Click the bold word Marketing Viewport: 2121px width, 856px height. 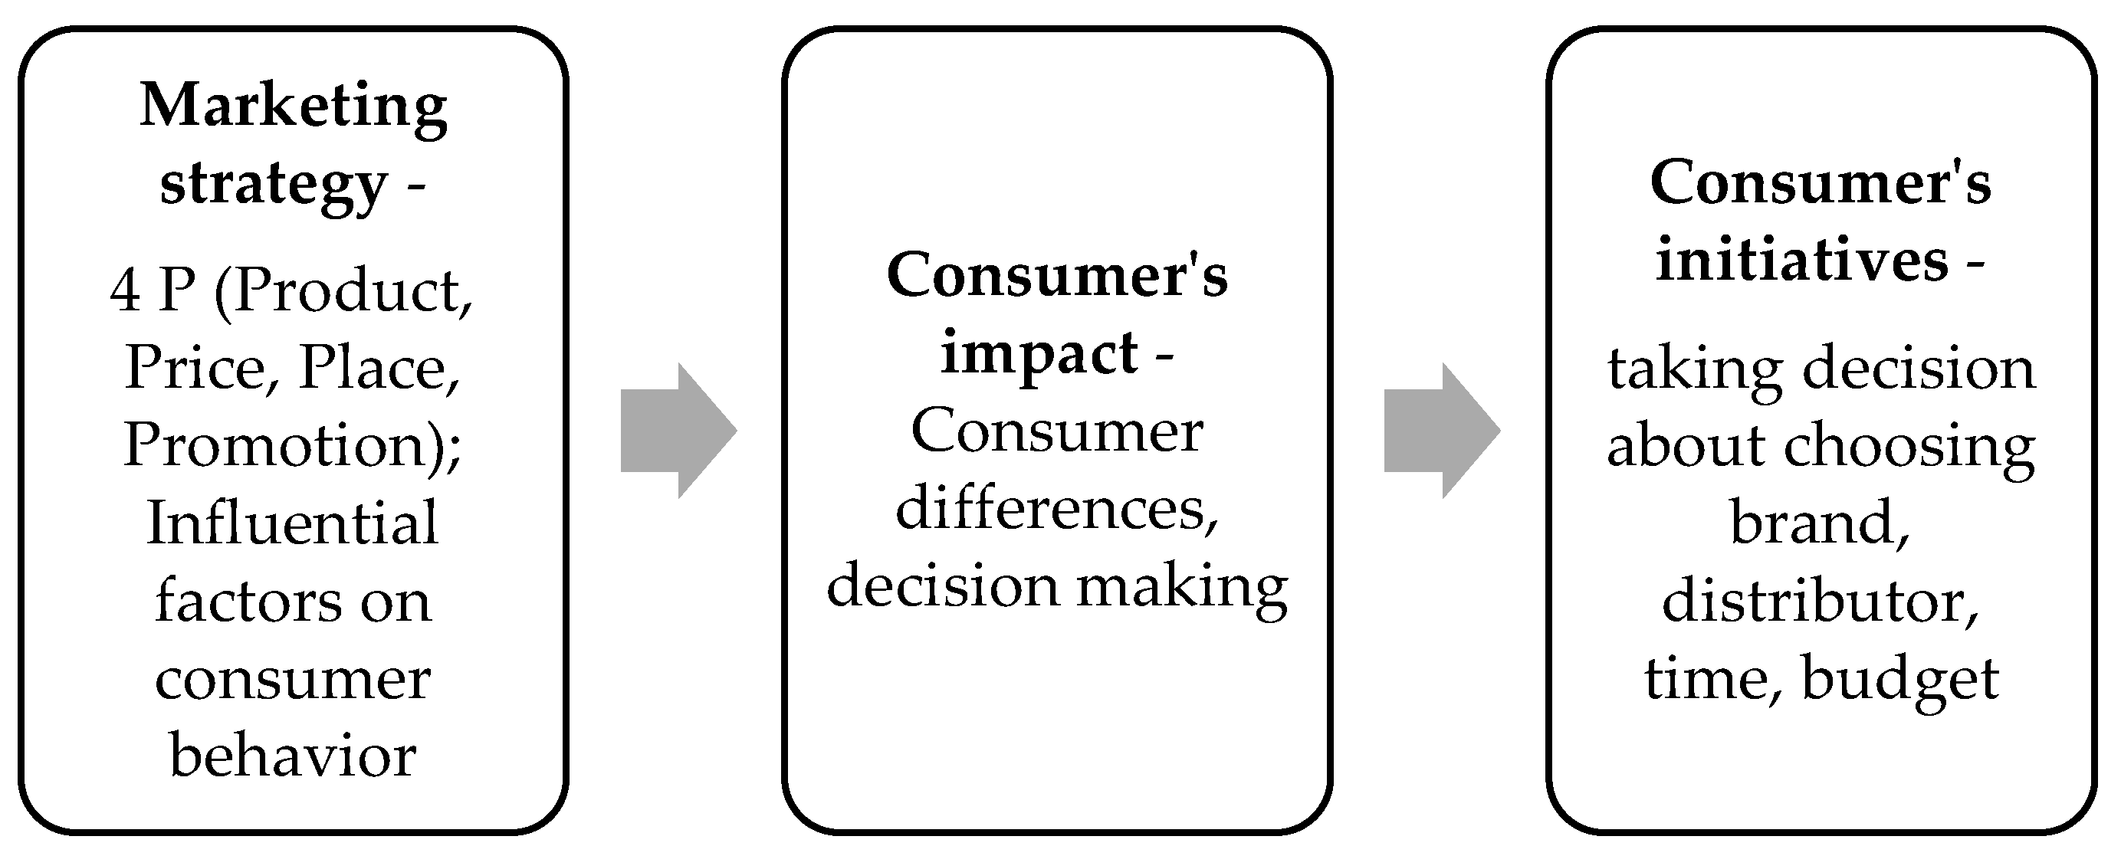pos(293,107)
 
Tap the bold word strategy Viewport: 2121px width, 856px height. pos(274,185)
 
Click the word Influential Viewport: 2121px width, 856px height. pos(292,523)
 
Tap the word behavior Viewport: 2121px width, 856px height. pos(292,756)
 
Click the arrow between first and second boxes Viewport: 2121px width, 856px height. pos(678,431)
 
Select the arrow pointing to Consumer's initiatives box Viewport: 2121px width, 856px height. pos(1442,431)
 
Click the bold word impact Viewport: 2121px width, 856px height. pos(1039,354)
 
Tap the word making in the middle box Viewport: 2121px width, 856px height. pos(1182,587)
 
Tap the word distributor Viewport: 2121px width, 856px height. pos(1819,601)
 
